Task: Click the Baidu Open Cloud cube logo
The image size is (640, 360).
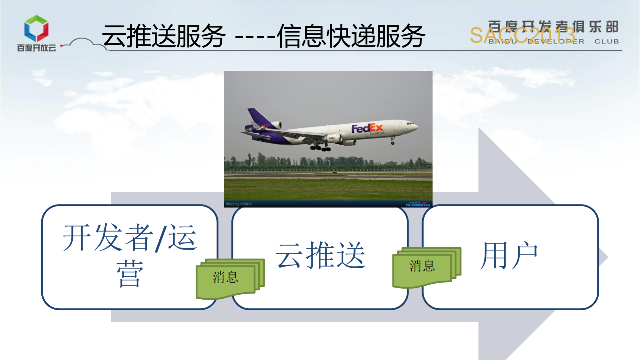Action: tap(36, 28)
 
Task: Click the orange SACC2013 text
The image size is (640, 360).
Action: tap(522, 35)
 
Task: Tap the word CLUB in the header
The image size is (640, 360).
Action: tap(606, 41)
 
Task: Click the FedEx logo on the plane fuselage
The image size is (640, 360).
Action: tap(367, 128)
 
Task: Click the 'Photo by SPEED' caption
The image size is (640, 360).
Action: tap(238, 204)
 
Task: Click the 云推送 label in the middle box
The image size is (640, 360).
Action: tap(320, 255)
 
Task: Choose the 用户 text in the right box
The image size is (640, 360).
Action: tap(509, 255)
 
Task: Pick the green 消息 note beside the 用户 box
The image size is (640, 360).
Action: tap(422, 266)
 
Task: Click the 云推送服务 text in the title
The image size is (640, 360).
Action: tap(164, 36)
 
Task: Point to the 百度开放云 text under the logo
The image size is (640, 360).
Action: tap(36, 48)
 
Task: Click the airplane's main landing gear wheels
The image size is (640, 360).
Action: tap(320, 147)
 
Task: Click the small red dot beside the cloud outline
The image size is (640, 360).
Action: tap(62, 46)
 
